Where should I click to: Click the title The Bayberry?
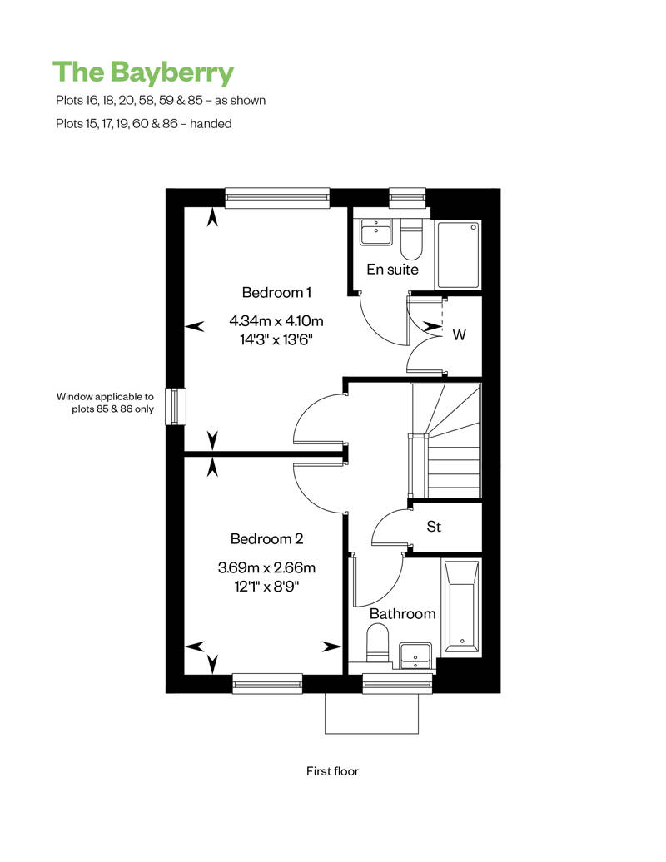pyautogui.click(x=143, y=73)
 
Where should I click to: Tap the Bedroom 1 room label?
pyautogui.click(x=276, y=293)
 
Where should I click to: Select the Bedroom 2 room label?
pyautogui.click(x=266, y=539)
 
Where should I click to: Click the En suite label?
pyautogui.click(x=392, y=270)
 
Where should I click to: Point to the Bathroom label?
pyautogui.click(x=402, y=613)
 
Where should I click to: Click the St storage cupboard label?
pyautogui.click(x=434, y=527)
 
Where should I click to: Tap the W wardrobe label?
pyautogui.click(x=460, y=334)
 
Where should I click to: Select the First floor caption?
pyautogui.click(x=332, y=771)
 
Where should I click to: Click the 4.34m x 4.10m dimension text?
pyautogui.click(x=276, y=320)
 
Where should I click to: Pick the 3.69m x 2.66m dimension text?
pyautogui.click(x=266, y=567)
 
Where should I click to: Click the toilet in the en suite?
pyautogui.click(x=410, y=239)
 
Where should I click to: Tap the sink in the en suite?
pyautogui.click(x=376, y=232)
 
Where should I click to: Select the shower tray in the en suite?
pyautogui.click(x=458, y=255)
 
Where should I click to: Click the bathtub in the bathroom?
pyautogui.click(x=462, y=606)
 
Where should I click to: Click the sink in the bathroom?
pyautogui.click(x=415, y=656)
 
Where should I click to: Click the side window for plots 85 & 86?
pyautogui.click(x=176, y=406)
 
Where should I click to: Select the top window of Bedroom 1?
pyautogui.click(x=277, y=198)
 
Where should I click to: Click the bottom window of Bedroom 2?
pyautogui.click(x=267, y=683)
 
